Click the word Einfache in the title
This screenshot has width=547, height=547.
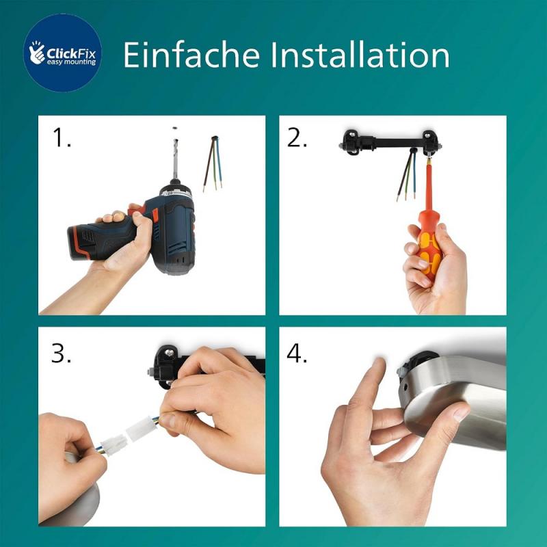coord(185,54)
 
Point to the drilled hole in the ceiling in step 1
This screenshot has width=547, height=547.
coord(175,127)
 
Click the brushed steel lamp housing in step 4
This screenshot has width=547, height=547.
coord(465,403)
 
